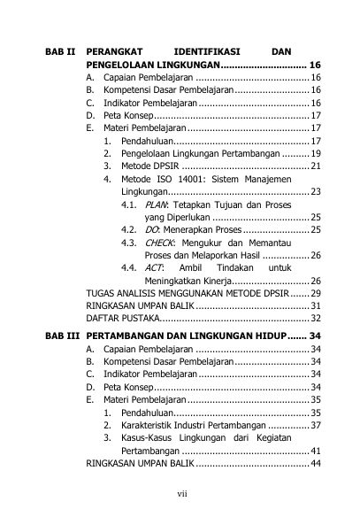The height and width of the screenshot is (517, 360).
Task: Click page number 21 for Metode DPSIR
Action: coord(315,166)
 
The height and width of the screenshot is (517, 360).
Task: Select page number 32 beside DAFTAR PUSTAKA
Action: coord(315,318)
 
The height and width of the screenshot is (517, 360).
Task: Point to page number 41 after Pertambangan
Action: coord(315,451)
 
